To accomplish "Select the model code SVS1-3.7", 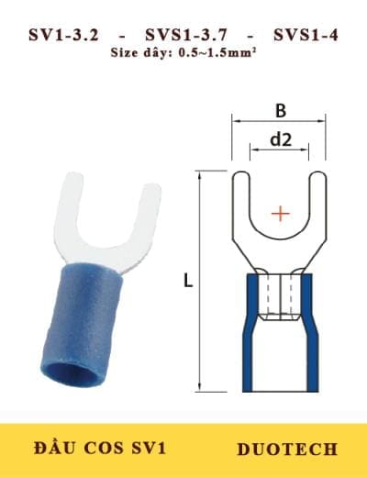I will click(x=184, y=36).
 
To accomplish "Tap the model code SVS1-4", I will click(x=306, y=36).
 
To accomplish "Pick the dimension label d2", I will click(x=279, y=139).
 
